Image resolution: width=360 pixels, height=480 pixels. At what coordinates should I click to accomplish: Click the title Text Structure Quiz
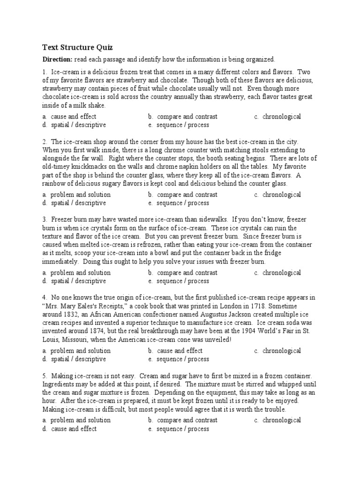click(77, 47)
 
